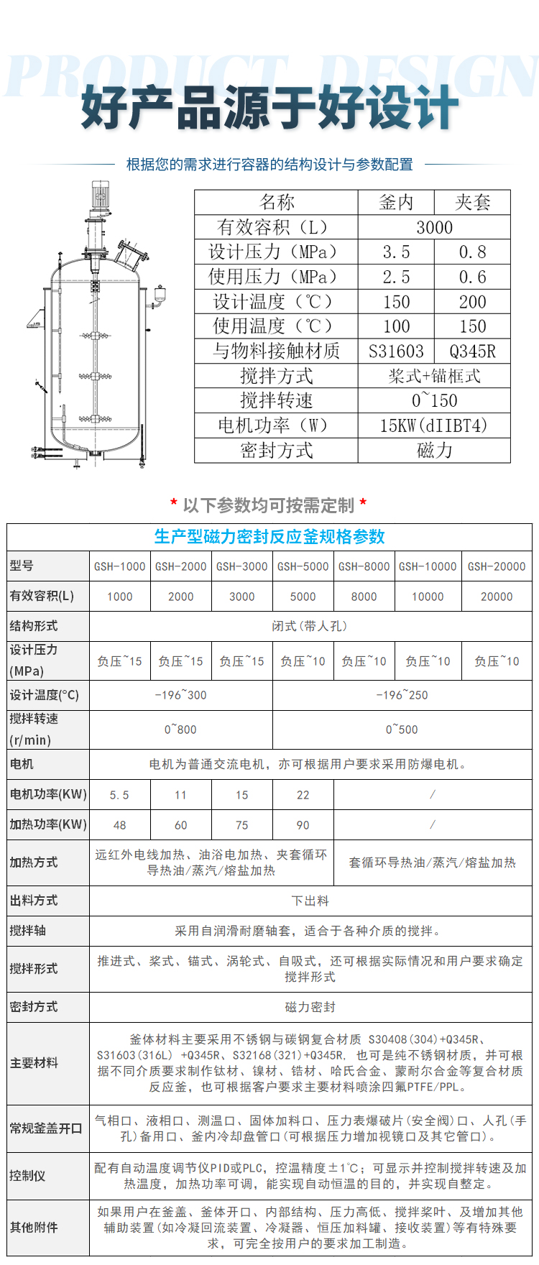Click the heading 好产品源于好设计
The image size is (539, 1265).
(269, 108)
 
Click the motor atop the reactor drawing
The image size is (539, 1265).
(97, 193)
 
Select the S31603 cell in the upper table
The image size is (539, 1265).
(396, 351)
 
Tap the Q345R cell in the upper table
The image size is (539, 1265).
(472, 351)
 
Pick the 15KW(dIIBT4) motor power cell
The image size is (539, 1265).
(434, 425)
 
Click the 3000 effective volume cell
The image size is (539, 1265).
(434, 228)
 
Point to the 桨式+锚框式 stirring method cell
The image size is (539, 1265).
(434, 376)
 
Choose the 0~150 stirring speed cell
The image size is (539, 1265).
(434, 401)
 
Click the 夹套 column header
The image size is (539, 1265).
(472, 202)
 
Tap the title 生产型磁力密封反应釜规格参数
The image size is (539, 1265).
(269, 537)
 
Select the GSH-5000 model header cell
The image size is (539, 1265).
(303, 566)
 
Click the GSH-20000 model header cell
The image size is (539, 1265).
(497, 566)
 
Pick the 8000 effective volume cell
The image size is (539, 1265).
(364, 597)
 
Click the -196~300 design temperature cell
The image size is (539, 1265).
(180, 695)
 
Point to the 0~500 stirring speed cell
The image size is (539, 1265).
(402, 730)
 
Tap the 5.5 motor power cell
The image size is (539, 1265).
(119, 795)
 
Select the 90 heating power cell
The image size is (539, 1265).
(303, 825)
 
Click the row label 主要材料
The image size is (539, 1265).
(34, 1063)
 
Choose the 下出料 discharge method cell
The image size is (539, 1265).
(310, 901)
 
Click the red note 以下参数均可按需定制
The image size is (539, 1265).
(269, 505)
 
